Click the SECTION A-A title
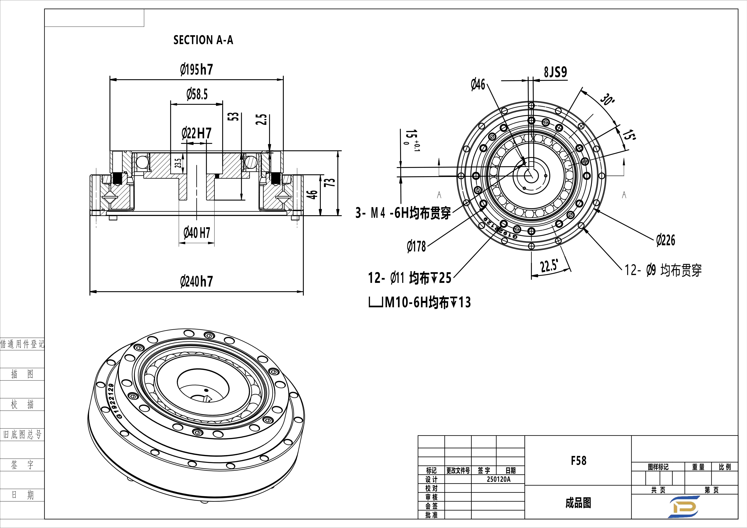point(203,40)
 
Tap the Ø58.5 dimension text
point(197,94)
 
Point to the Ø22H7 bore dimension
point(196,133)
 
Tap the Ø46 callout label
point(478,85)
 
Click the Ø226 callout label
point(666,240)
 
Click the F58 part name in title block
point(578,461)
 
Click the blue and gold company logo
point(684,506)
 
